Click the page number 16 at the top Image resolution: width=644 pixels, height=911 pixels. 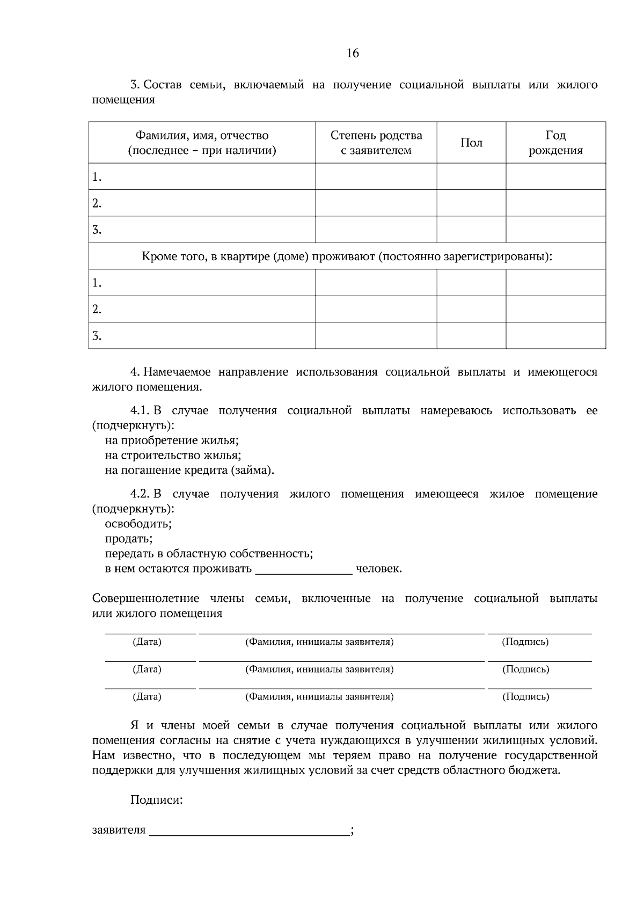click(353, 53)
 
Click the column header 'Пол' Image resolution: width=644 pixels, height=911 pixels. click(471, 143)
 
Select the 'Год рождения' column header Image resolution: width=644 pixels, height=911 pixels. click(555, 143)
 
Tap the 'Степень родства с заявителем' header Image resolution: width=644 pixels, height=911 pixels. click(376, 143)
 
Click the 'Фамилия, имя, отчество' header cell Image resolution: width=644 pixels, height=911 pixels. click(202, 143)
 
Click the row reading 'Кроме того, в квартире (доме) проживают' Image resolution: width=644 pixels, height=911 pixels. click(347, 256)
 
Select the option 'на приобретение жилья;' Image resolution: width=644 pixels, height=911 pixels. click(172, 440)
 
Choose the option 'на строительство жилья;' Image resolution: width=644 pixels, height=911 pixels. click(173, 456)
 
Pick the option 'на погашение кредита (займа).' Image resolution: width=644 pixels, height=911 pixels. click(189, 471)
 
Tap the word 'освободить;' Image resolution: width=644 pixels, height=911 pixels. click(138, 524)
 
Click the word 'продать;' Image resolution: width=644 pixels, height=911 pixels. click(129, 539)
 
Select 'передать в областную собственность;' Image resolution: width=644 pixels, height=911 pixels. click(209, 554)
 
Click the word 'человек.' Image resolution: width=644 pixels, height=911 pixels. click(379, 569)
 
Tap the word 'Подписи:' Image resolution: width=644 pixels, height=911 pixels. click(156, 800)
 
